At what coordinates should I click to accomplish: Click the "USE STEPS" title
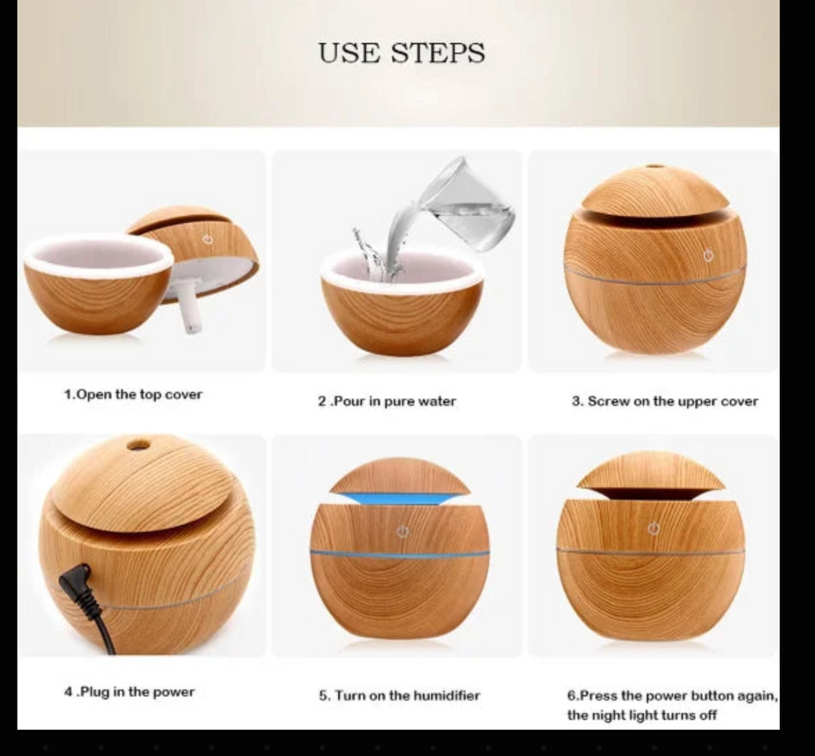point(402,53)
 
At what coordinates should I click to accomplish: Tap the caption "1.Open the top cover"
point(133,394)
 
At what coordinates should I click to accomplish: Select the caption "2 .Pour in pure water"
point(388,402)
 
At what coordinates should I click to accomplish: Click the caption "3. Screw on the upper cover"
point(665,402)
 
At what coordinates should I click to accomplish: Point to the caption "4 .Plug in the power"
point(130,692)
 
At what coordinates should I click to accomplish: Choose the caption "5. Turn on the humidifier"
point(400,695)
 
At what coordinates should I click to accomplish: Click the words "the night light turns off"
point(642,715)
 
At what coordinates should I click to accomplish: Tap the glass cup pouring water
point(468,204)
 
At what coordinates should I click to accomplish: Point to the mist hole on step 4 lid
point(138,445)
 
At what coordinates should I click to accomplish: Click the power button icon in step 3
point(708,256)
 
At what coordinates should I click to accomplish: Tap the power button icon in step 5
point(403,532)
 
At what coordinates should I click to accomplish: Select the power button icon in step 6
point(654,529)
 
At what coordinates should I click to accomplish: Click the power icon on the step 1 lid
point(208,239)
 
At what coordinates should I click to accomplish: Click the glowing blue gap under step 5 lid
point(400,499)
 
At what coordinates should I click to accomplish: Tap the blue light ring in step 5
point(400,554)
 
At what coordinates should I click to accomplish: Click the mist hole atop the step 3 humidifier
point(655,167)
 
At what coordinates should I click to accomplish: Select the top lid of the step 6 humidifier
point(651,471)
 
